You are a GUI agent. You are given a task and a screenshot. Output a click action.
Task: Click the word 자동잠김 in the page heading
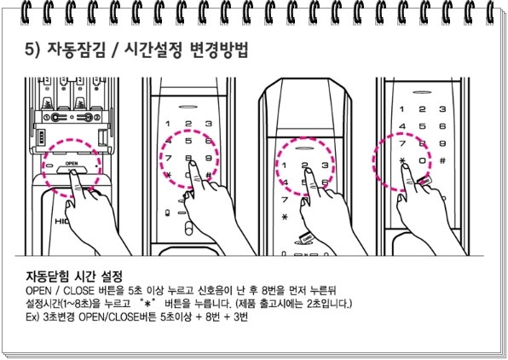click(x=77, y=50)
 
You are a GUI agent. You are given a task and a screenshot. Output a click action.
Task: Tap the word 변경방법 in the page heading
click(x=219, y=50)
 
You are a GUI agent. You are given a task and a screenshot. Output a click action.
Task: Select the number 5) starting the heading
click(x=32, y=50)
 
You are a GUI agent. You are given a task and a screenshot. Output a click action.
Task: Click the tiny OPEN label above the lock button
click(x=72, y=163)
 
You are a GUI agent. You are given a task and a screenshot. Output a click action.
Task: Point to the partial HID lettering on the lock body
click(x=61, y=221)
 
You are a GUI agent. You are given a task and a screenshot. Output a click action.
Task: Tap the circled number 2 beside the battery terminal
click(x=96, y=117)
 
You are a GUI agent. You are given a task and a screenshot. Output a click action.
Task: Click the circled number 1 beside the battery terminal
click(x=47, y=117)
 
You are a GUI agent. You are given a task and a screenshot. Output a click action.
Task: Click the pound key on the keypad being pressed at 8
click(x=209, y=176)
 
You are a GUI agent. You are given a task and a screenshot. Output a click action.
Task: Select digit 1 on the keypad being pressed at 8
click(x=168, y=124)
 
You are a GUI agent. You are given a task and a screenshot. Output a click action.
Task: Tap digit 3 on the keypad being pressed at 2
click(x=325, y=165)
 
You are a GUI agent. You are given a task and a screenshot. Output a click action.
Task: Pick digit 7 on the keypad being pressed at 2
click(x=285, y=199)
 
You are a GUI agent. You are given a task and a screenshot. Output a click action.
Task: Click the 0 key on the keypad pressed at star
click(x=423, y=160)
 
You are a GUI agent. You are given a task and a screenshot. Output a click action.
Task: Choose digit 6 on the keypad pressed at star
click(x=442, y=126)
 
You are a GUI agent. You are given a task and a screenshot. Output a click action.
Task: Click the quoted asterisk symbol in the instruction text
click(x=147, y=304)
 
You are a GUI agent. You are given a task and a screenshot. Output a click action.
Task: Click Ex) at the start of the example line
click(x=32, y=316)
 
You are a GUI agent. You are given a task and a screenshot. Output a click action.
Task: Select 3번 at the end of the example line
click(x=240, y=316)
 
